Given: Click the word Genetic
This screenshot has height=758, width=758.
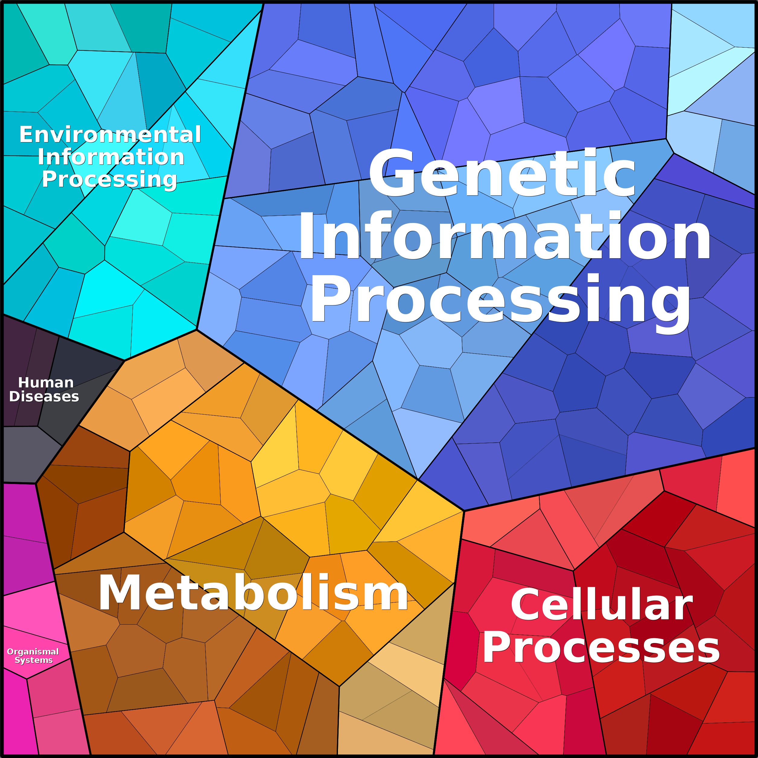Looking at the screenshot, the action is [x=502, y=173].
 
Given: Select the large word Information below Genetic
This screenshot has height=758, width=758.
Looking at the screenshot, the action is [x=504, y=235].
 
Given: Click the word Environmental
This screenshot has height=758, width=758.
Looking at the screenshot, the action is [x=110, y=135].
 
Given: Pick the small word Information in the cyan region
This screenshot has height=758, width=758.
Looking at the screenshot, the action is [x=111, y=157].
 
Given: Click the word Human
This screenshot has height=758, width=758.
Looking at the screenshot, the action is [x=46, y=383].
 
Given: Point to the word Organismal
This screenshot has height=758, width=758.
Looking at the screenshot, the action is [x=33, y=652].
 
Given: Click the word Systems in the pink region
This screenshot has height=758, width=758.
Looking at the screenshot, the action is [x=34, y=660].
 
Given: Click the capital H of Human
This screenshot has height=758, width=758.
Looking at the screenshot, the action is [x=24, y=383].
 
